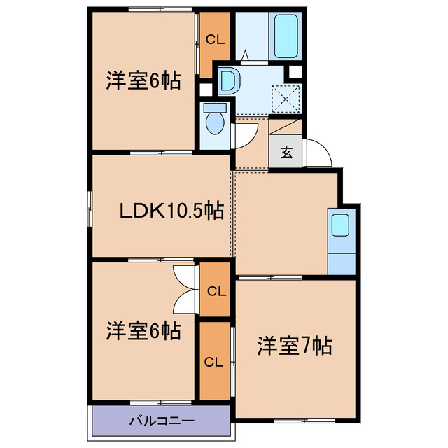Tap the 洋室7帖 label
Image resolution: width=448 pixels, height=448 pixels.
(294, 345)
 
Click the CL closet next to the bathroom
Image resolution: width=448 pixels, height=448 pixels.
(215, 40)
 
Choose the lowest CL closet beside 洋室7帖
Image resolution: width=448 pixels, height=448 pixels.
(214, 362)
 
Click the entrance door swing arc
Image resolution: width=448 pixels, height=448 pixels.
(316, 153)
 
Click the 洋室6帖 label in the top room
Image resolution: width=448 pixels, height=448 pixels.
(143, 81)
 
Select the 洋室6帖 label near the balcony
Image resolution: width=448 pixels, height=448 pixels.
(143, 331)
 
